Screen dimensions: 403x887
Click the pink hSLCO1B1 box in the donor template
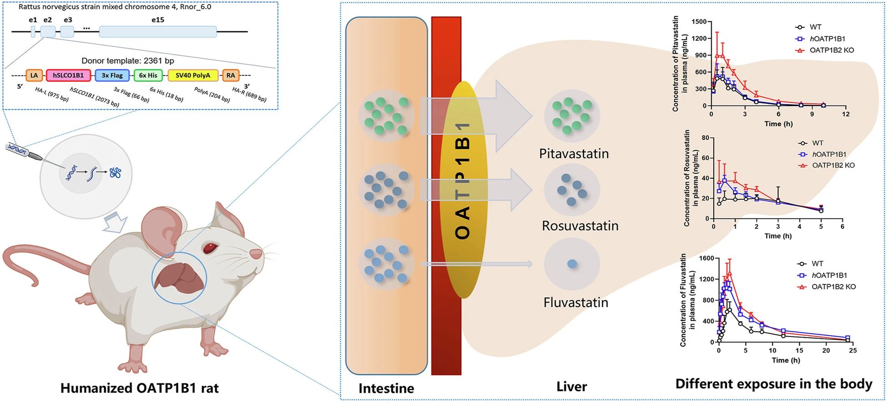(68, 76)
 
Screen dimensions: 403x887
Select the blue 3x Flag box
(112, 76)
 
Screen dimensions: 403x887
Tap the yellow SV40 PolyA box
(193, 76)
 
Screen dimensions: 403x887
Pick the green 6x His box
(148, 76)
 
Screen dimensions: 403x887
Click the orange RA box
(231, 76)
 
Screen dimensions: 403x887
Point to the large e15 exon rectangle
(157, 31)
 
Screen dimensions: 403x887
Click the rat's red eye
(210, 248)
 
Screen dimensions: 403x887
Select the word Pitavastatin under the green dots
(573, 153)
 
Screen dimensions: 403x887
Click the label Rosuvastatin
(580, 226)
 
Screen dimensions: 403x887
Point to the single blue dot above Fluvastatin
(572, 264)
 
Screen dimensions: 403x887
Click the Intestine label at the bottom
(386, 388)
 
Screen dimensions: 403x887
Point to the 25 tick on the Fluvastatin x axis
(852, 351)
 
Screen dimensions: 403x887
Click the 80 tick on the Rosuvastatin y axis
(705, 138)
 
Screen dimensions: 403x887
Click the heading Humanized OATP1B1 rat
(139, 388)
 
